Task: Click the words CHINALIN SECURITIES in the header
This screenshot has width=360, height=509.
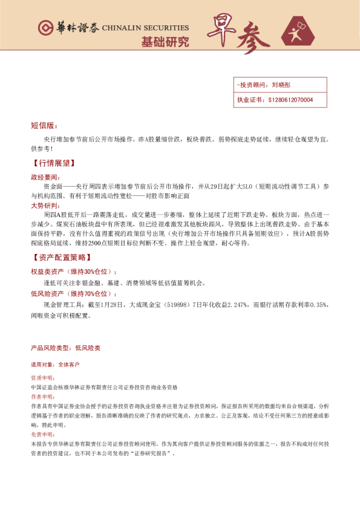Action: click(145, 28)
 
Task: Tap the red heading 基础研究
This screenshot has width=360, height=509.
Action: click(165, 42)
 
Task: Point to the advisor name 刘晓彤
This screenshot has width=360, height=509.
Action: click(282, 85)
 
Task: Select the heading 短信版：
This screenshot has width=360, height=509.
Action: click(44, 125)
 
